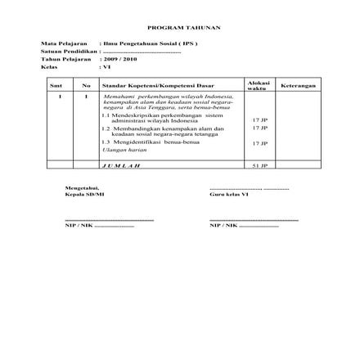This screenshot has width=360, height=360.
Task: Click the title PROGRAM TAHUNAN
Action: point(179,26)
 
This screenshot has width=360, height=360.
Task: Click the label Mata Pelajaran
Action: point(57,43)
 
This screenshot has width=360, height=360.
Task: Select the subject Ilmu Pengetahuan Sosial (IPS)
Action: point(151,43)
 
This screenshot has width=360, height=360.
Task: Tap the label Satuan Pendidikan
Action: point(62,51)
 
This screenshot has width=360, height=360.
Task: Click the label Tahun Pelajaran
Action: point(60,59)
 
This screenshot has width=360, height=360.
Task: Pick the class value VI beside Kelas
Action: point(106,66)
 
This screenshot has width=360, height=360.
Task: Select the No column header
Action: point(86,85)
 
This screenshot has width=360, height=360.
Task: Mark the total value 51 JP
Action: point(259,164)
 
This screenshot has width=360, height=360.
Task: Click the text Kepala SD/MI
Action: point(79,195)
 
